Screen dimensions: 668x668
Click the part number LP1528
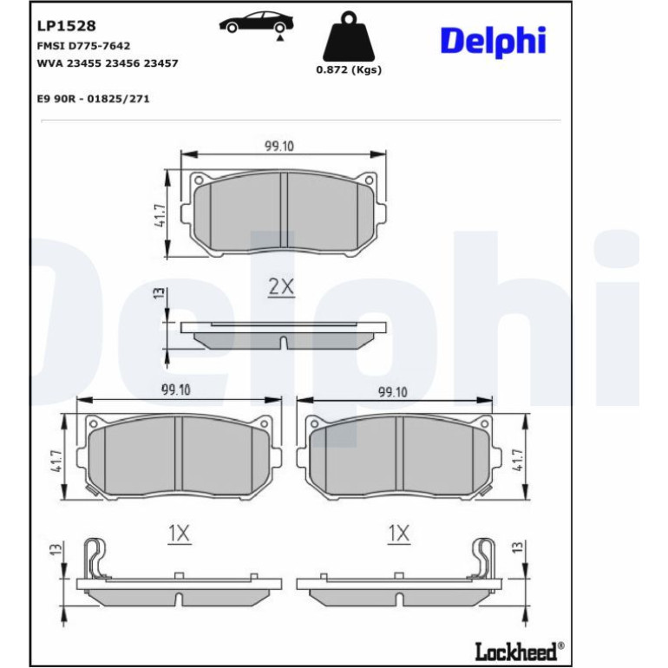click(x=67, y=26)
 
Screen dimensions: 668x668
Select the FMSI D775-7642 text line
click(x=83, y=46)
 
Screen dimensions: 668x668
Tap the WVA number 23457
click(x=160, y=63)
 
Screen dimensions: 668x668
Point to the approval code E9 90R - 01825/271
click(x=94, y=99)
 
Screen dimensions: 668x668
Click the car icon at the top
click(x=257, y=23)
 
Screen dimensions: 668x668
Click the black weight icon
click(x=349, y=36)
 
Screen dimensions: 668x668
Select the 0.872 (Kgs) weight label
click(x=349, y=70)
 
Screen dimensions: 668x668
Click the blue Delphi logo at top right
click(x=493, y=41)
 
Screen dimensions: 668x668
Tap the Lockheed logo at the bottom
click(x=520, y=652)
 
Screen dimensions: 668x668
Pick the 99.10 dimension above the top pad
click(x=279, y=146)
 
